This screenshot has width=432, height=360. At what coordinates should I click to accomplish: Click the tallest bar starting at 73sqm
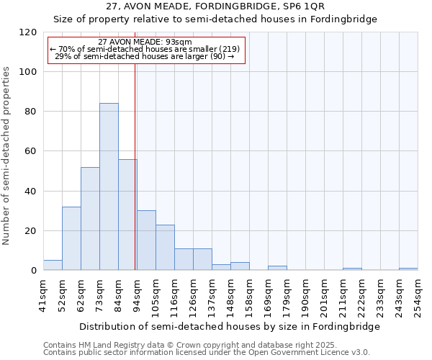[109, 187]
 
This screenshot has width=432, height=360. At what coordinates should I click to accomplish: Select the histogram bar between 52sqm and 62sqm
[71, 239]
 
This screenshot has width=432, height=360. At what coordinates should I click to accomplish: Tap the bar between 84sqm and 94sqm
[127, 215]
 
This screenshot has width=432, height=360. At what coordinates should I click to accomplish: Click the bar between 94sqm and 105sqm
[146, 240]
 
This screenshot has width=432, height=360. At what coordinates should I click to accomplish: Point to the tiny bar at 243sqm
[408, 269]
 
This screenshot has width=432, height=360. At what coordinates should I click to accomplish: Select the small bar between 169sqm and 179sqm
[277, 268]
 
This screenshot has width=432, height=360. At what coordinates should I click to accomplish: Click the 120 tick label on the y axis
[28, 32]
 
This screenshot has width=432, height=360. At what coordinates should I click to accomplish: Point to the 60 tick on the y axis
[31, 151]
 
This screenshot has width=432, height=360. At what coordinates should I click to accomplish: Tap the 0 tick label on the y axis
[34, 271]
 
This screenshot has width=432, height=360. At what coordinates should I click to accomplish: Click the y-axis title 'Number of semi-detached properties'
[7, 156]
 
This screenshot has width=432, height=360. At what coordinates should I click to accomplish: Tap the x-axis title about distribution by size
[229, 326]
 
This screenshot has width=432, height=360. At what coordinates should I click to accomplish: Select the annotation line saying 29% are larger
[145, 55]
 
